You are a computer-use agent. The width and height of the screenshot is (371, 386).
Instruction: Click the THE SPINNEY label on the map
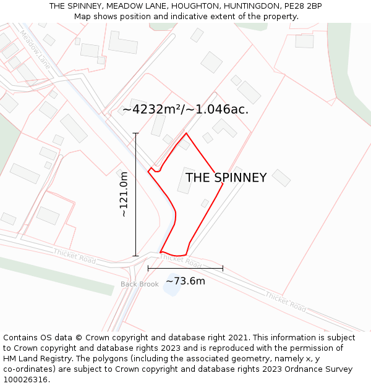(x=226, y=178)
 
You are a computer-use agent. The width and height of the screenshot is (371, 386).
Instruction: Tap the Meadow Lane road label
(x=35, y=48)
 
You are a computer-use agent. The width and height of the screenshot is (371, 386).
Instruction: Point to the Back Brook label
(x=140, y=284)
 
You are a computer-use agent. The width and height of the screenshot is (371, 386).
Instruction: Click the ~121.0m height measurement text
(x=124, y=194)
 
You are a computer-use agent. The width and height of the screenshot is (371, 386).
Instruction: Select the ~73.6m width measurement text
(x=185, y=282)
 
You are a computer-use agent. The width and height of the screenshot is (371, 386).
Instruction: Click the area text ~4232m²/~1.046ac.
(x=185, y=109)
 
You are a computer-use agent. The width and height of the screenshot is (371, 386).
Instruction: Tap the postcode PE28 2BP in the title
(x=305, y=6)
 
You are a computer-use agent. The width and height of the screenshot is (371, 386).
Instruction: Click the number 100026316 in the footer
(x=26, y=380)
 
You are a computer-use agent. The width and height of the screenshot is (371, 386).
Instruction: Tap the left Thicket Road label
(x=74, y=256)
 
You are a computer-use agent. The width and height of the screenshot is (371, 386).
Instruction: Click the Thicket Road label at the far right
(x=286, y=301)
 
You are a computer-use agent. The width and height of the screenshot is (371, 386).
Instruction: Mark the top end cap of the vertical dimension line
(x=135, y=133)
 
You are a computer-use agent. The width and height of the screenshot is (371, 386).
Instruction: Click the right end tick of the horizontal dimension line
(x=223, y=268)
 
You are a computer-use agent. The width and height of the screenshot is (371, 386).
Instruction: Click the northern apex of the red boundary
(x=186, y=133)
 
